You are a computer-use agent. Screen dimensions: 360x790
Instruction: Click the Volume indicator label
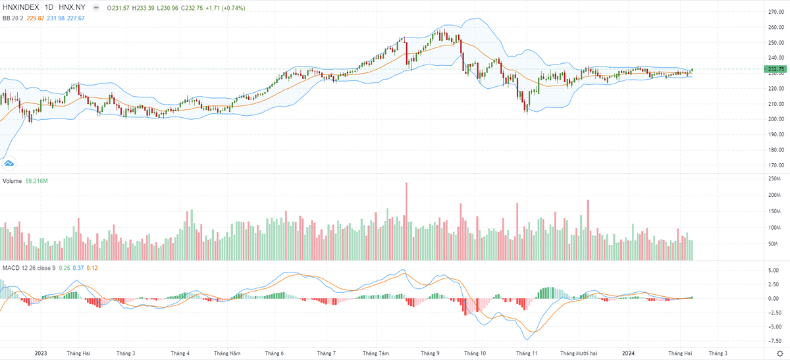(11, 180)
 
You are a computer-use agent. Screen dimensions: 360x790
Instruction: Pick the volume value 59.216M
(36, 180)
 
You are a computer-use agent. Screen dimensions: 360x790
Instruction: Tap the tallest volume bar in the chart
(406, 220)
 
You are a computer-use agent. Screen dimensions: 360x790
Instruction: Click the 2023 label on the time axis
(41, 353)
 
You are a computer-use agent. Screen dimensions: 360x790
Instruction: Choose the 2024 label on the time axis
(630, 353)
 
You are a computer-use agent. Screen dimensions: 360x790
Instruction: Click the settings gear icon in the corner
(779, 353)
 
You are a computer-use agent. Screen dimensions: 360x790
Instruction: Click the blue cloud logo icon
(9, 163)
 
